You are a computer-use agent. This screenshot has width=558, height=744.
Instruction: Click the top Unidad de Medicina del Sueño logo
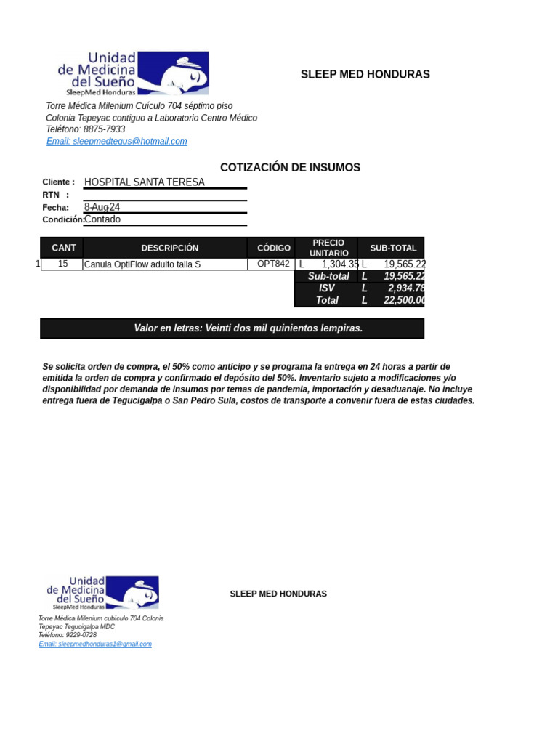133,73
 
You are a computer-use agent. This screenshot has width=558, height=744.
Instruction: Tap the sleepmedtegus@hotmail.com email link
117,142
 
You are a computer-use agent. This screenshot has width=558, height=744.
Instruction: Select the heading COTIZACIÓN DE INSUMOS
290,168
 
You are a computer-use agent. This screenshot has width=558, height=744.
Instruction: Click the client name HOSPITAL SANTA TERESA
145,182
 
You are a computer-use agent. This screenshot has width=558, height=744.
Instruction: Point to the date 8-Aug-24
102,208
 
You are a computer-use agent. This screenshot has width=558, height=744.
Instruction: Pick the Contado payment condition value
102,219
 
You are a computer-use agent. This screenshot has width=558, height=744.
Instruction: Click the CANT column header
63,248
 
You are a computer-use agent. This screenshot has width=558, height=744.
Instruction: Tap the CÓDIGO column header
273,248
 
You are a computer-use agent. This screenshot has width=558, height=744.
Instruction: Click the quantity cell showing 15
63,264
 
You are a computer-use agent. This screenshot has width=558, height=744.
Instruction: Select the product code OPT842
273,264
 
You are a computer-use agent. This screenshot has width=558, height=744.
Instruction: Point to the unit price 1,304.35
340,264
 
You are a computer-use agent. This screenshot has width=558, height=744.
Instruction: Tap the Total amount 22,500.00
404,301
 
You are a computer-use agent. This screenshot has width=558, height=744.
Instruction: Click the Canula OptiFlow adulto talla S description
142,264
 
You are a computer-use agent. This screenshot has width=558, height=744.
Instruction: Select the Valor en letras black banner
232,328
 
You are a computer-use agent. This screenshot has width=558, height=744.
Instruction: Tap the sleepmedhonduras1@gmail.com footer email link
95,644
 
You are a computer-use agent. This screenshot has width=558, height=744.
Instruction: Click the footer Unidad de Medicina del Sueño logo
102,592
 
